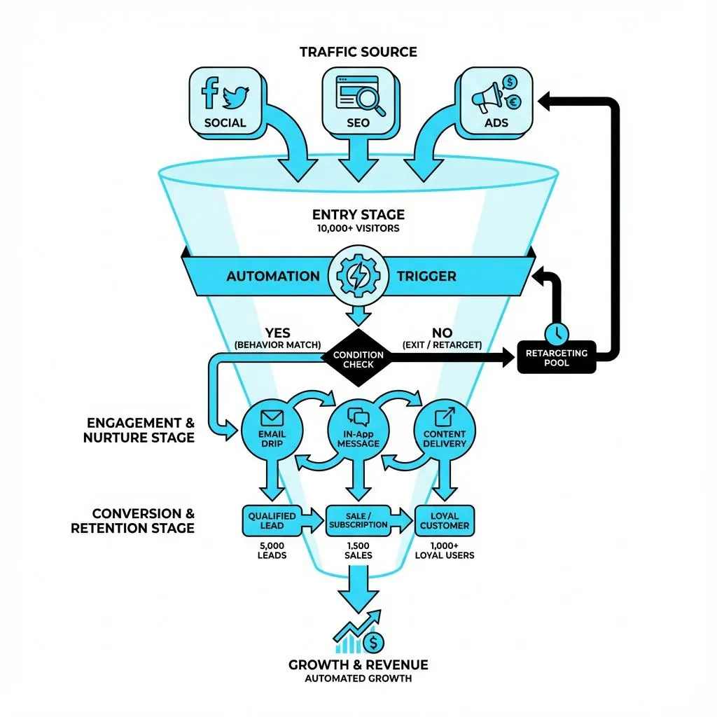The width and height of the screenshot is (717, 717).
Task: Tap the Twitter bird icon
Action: tap(237, 97)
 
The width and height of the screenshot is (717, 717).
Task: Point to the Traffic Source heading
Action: tap(358, 52)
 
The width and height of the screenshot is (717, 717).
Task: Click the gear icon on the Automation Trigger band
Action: tap(357, 275)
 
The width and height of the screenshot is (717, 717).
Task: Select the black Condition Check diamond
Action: tap(358, 358)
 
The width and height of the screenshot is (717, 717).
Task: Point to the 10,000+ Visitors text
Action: tap(358, 229)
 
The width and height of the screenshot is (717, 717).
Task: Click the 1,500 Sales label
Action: tap(358, 550)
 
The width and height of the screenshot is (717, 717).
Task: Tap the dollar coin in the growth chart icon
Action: tap(375, 641)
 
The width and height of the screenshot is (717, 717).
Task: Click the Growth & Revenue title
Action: tap(358, 664)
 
